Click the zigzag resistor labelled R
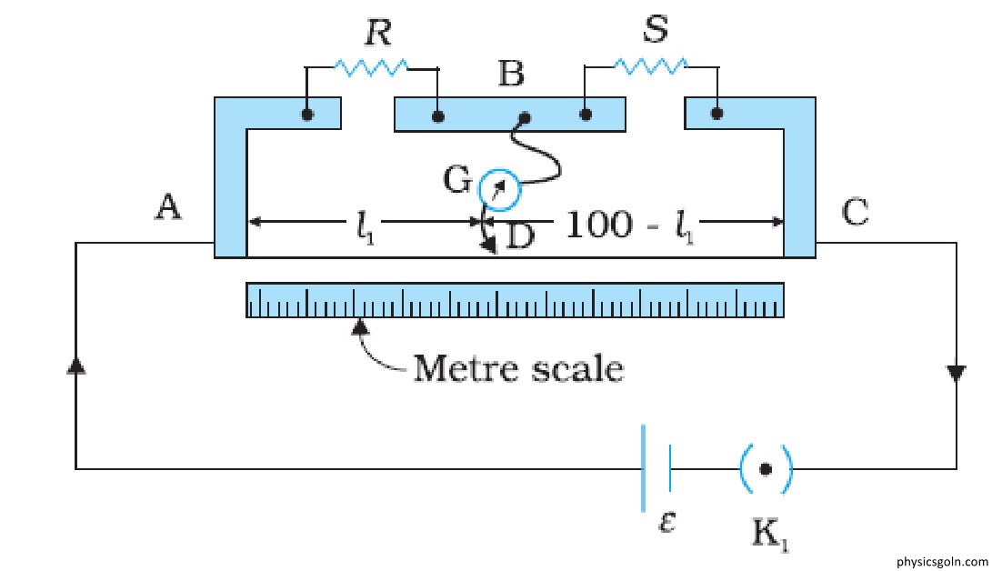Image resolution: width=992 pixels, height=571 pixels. tap(371, 67)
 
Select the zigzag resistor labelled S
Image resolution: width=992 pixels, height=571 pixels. tap(651, 65)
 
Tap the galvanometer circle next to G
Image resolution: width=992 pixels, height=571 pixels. tap(499, 190)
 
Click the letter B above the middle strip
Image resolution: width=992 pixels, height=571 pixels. tap(511, 73)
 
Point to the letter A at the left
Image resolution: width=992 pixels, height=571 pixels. tap(168, 206)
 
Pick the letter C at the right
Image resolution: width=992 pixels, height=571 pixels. tap(855, 212)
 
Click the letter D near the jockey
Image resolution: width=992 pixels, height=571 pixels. tap(521, 236)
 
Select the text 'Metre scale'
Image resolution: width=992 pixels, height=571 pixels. tap(518, 368)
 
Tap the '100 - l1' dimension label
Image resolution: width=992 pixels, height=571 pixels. tap(629, 225)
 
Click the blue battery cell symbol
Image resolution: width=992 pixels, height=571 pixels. tap(656, 468)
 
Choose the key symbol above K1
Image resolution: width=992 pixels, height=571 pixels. tap(766, 469)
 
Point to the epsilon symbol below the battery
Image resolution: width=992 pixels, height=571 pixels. tap(666, 522)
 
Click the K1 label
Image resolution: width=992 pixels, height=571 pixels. tap(770, 535)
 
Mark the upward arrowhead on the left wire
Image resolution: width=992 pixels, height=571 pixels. tap(75, 366)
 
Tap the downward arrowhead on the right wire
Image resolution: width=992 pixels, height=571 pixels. tap(956, 373)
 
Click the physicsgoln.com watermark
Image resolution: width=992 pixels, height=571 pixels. tap(942, 562)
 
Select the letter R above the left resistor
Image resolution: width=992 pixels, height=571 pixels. tap(378, 33)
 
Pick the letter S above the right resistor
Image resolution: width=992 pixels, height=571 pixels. tap(656, 28)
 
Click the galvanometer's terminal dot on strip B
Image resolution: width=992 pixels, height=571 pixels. tap(525, 117)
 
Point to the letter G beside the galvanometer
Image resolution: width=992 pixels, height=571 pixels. tap(456, 180)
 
